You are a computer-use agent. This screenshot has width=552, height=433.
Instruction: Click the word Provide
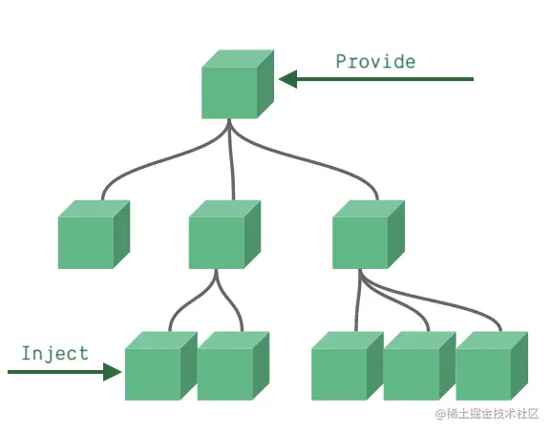pos(375,61)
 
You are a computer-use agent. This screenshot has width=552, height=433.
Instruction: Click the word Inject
pos(55,353)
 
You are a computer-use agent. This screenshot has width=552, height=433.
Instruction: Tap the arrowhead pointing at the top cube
pos(288,79)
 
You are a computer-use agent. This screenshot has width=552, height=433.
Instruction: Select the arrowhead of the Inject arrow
pos(113,372)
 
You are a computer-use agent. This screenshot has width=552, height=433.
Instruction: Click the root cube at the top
pos(238,84)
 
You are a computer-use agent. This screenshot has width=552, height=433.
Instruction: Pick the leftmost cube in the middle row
pos(94,235)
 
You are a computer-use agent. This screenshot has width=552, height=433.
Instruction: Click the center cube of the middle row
pos(225,235)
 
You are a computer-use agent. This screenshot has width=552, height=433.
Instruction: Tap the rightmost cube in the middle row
pos(369,235)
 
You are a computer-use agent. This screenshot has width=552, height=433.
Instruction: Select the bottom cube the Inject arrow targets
pos(161,366)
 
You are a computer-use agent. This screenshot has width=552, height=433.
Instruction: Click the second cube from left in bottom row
pos(233,366)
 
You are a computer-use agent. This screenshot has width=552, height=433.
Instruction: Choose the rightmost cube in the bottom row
pos(492,366)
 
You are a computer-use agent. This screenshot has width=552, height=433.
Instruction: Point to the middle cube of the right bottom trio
pos(419,366)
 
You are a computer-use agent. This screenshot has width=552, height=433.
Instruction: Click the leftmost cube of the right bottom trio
pos(348,366)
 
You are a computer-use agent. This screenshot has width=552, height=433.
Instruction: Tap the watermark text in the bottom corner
pos(487,414)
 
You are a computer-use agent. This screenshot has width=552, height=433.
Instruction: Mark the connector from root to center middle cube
pos(231,160)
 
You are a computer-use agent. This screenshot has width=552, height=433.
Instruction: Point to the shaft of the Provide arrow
pos(385,79)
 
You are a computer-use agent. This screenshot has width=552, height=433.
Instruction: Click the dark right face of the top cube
pos(265,84)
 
